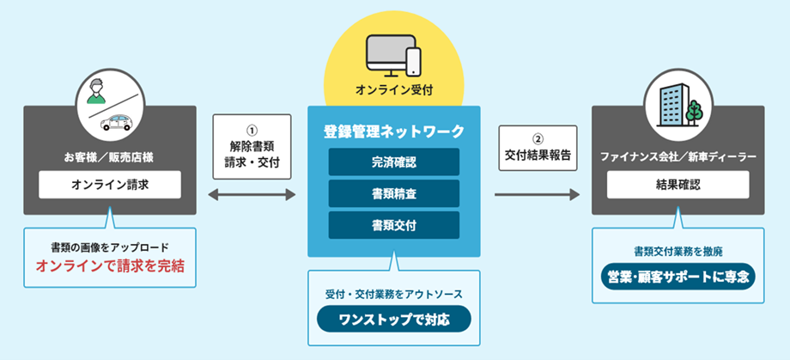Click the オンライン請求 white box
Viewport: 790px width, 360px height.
[x=110, y=185]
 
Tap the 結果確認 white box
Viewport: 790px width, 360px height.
[x=678, y=185]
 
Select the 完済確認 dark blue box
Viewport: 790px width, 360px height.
[x=394, y=162]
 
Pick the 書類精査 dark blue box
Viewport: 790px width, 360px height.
[x=394, y=193]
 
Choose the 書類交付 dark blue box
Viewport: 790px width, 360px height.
[x=394, y=225]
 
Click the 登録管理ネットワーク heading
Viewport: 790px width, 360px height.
[x=394, y=131]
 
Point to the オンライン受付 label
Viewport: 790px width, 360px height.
[x=394, y=88]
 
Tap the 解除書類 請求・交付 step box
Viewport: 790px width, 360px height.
[x=252, y=147]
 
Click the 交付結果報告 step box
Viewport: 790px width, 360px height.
[x=538, y=148]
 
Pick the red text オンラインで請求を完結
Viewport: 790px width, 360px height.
[x=110, y=266]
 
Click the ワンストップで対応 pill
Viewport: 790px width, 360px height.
[x=394, y=319]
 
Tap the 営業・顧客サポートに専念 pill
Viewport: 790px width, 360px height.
[x=678, y=278]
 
